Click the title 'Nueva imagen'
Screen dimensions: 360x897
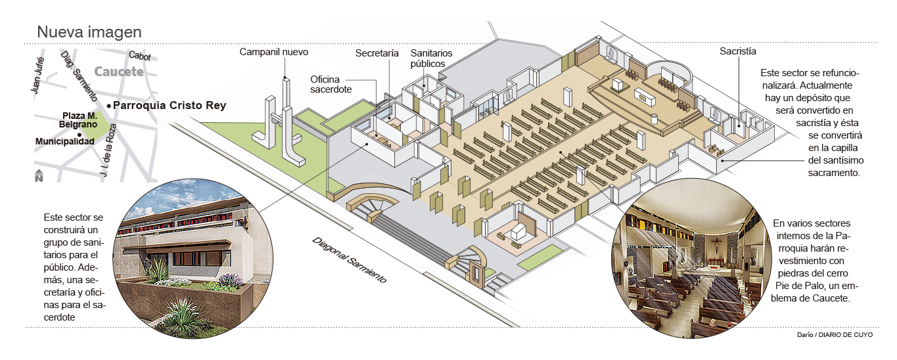89,32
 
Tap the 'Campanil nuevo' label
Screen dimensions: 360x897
273,52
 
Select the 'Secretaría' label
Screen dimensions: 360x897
377,53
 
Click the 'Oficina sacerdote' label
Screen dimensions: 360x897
331,84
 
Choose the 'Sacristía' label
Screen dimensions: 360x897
738,51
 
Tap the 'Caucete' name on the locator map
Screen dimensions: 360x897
118,72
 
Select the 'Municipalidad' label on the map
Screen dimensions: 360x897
64,141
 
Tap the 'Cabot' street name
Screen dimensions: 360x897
139,56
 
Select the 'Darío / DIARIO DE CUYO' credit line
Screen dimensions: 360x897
835,335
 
